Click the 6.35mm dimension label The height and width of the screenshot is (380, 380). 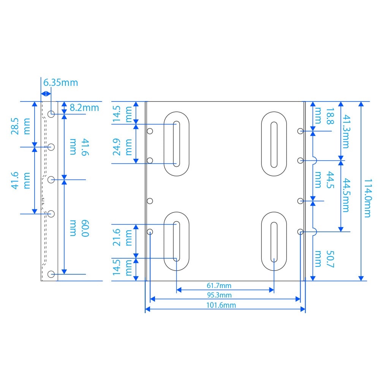[61, 82]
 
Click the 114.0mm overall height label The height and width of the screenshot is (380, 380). [366, 198]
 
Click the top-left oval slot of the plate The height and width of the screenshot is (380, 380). [176, 144]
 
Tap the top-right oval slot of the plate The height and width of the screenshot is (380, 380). [274, 144]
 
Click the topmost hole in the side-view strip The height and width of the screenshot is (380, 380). [51, 114]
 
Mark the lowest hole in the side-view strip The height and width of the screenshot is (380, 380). [51, 274]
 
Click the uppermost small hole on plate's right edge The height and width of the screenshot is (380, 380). [300, 131]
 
